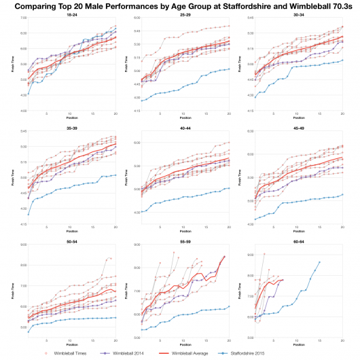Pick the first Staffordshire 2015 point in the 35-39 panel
pos(28,215)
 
